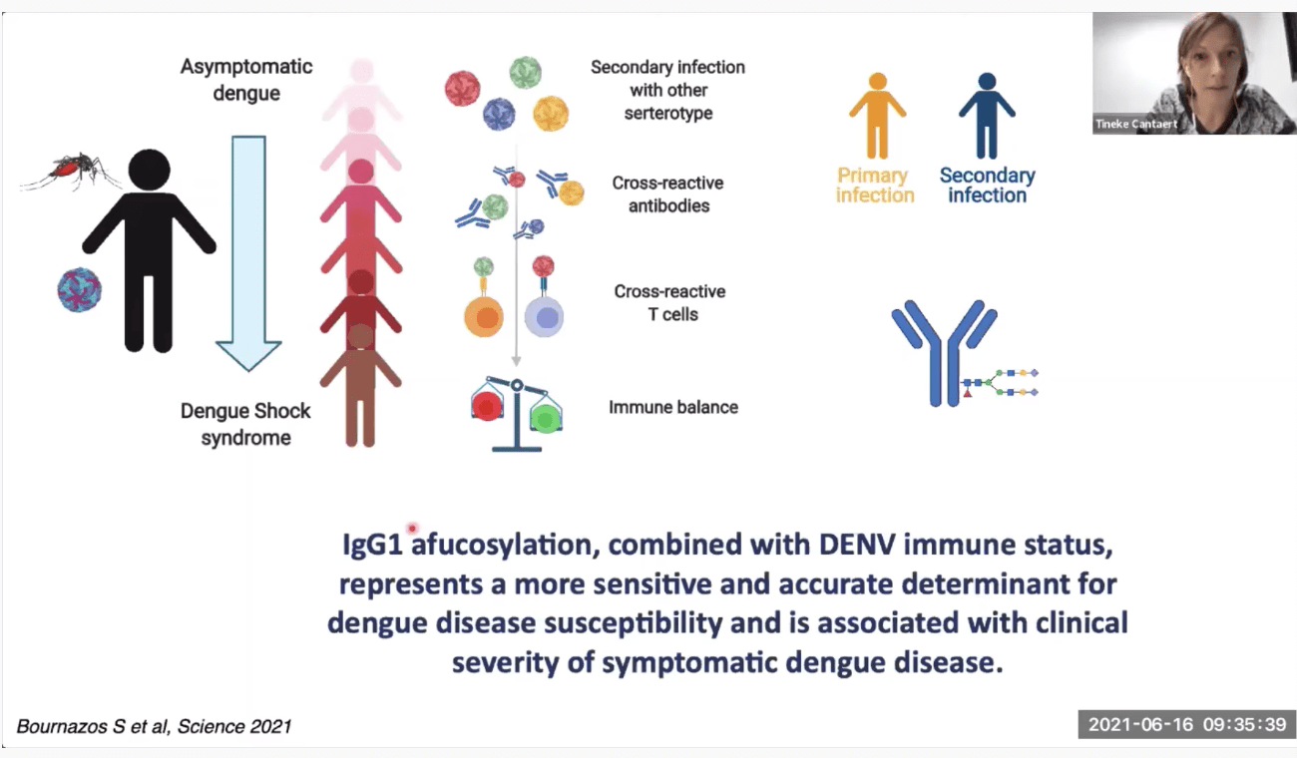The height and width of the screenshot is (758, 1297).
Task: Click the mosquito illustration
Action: pos(70,172)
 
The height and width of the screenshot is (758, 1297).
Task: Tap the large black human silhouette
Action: pos(150,249)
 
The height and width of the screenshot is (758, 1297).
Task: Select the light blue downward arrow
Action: pos(248,249)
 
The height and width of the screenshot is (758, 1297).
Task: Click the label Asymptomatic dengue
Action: pos(245,80)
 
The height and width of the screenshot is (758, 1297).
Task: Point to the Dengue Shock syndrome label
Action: pos(245,424)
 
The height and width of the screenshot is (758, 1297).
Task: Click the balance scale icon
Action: pos(516,412)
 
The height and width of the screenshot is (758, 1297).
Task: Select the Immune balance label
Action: pos(673,407)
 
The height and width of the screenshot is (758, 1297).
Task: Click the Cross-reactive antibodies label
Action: pos(667,194)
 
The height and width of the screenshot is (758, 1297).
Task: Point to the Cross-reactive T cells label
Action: pos(669,302)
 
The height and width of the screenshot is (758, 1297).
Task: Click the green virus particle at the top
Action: pos(525,73)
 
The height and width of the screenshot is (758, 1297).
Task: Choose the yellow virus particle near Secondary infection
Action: pos(550,114)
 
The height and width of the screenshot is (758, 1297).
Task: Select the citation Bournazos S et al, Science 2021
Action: pos(154,726)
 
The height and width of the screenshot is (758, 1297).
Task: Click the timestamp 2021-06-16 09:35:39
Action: pos(1186,724)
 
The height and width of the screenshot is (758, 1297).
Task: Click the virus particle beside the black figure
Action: pos(80,290)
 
